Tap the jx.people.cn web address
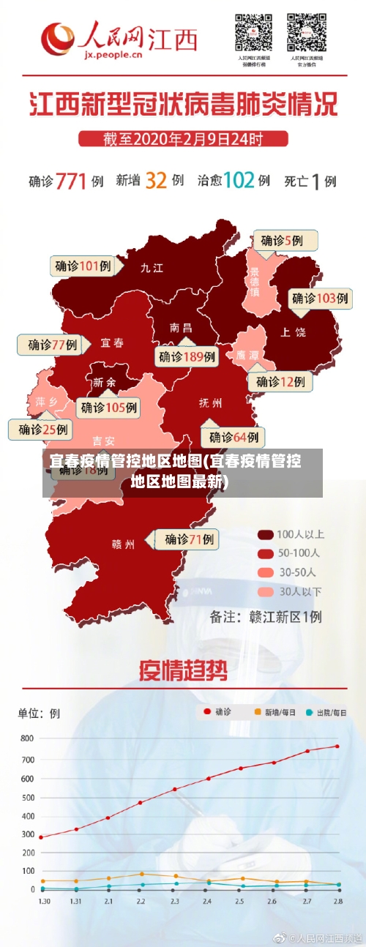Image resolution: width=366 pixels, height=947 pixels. pyautogui.click(x=113, y=53)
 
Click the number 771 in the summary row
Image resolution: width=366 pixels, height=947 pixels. pyautogui.click(x=71, y=180)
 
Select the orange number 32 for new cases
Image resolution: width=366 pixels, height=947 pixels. pyautogui.click(x=156, y=179)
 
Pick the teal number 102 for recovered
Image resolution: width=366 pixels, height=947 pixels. pyautogui.click(x=238, y=179)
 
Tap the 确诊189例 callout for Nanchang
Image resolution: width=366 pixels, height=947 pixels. pyautogui.click(x=187, y=356)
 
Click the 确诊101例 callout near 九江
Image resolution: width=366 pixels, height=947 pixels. pyautogui.click(x=83, y=266)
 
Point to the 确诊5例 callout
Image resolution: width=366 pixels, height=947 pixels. pyautogui.click(x=286, y=240)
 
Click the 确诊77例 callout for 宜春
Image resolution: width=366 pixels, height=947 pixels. pyautogui.click(x=52, y=345)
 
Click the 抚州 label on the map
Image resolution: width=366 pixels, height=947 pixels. pyautogui.click(x=211, y=403)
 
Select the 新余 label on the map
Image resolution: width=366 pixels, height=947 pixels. pyautogui.click(x=104, y=382)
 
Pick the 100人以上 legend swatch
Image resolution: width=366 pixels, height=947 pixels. pyautogui.click(x=265, y=534)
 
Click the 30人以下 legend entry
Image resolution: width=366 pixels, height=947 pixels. pyautogui.click(x=290, y=591)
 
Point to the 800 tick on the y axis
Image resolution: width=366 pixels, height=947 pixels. pyautogui.click(x=27, y=738)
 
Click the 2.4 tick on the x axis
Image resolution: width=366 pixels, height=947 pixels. pyautogui.click(x=208, y=900)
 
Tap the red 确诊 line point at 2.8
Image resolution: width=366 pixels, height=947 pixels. pyautogui.click(x=337, y=746)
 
